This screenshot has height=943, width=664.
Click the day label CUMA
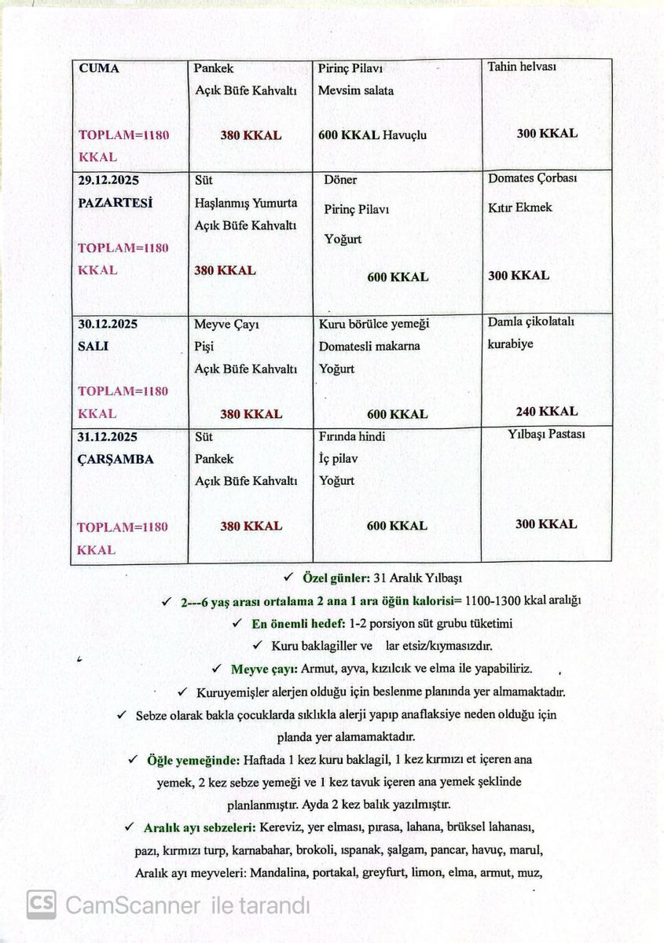tap(99, 68)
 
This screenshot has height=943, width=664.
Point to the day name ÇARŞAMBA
tap(116, 459)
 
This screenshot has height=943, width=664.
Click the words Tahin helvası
tap(522, 67)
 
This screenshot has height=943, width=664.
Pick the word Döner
tap(340, 180)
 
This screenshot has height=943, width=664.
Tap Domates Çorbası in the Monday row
tap(533, 178)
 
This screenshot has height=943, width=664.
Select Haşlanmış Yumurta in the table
tap(246, 203)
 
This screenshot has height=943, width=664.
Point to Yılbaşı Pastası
tap(546, 434)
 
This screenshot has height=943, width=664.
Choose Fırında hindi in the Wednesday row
tap(352, 436)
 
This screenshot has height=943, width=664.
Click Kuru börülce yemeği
tap(374, 324)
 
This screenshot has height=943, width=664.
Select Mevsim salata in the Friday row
tap(356, 90)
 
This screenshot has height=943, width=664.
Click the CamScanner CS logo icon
tap(41, 904)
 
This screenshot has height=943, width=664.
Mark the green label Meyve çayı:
tap(264, 670)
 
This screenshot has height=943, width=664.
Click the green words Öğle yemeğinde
tap(193, 760)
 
